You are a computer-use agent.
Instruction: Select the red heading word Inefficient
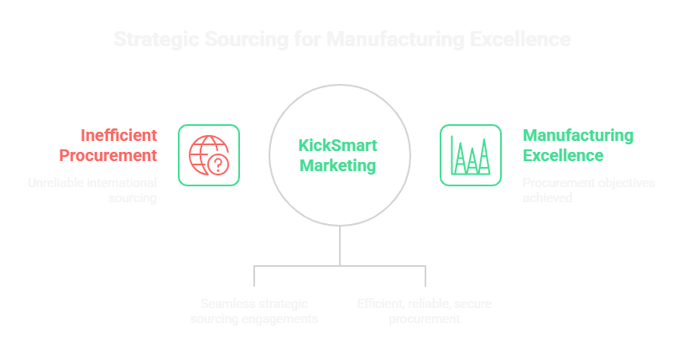point(119,135)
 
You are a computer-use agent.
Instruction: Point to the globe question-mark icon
point(209,154)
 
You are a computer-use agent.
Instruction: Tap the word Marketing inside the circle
point(338,165)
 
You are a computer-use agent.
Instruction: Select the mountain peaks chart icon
point(471,154)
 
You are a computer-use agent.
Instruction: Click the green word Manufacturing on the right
point(578,135)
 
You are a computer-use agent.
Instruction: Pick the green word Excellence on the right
point(563,155)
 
